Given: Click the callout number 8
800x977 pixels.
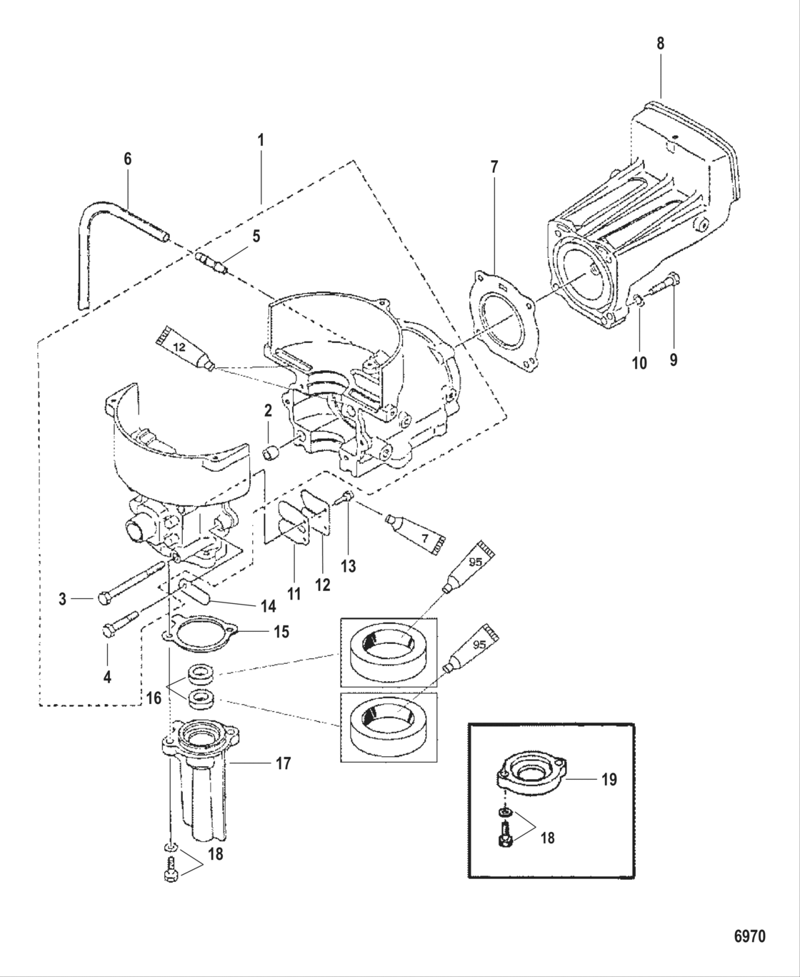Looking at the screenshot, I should tap(660, 44).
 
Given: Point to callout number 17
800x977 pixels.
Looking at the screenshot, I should tap(283, 764).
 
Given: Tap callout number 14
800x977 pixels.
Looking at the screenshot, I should tap(268, 607).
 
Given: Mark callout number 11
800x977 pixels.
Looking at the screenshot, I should tap(294, 592).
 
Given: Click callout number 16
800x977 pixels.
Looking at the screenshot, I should tap(154, 698).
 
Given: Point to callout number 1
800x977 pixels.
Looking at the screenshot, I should tap(261, 140).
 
